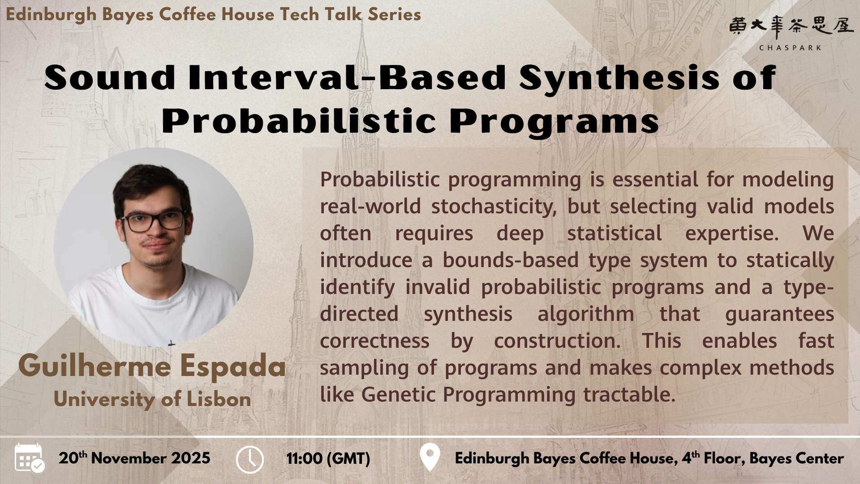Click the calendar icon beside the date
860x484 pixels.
(29, 458)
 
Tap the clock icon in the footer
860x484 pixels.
(249, 459)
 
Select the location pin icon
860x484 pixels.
(430, 457)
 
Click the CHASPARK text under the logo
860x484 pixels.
(790, 48)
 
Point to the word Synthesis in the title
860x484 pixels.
(619, 78)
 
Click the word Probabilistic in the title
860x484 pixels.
(298, 121)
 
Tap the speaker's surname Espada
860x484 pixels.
(233, 366)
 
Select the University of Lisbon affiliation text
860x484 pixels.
(152, 399)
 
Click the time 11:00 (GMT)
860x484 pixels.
(328, 458)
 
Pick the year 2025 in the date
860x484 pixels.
(191, 458)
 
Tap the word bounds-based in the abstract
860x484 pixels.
(511, 260)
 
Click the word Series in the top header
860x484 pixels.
(394, 15)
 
